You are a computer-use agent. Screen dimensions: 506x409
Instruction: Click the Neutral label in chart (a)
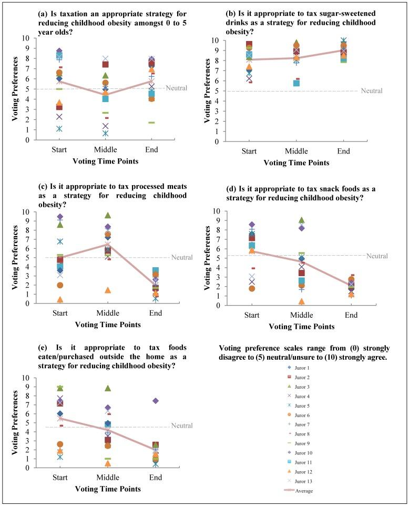click(x=177, y=88)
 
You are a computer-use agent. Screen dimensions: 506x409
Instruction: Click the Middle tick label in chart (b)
click(x=296, y=151)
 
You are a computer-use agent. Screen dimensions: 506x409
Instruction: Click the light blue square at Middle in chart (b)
click(x=296, y=84)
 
